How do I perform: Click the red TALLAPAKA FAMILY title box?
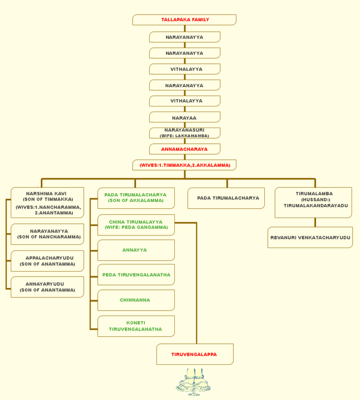coord(184,20)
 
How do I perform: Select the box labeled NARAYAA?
coord(184,117)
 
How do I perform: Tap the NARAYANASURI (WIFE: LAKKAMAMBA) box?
coord(184,133)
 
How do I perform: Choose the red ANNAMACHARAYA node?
coord(184,149)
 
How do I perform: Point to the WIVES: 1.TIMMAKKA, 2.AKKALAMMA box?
coord(184,165)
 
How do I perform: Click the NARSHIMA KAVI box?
coord(47,203)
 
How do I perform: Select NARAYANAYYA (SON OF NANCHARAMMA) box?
coord(47,234)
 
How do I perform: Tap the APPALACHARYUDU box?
coord(47,261)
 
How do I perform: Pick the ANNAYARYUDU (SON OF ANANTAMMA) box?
coord(47,287)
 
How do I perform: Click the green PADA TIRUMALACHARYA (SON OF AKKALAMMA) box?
coord(136,198)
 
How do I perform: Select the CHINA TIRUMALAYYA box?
coord(136,225)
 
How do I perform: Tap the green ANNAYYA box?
coord(136,250)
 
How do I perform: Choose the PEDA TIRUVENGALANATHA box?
coord(136,275)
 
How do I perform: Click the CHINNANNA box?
coord(136,300)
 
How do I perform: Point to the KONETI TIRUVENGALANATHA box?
coord(136,326)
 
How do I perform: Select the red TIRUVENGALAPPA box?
coord(195,354)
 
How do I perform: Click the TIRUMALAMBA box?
coord(313,203)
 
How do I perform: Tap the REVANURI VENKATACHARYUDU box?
coord(310,238)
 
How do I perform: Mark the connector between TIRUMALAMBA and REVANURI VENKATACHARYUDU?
coord(315,222)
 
